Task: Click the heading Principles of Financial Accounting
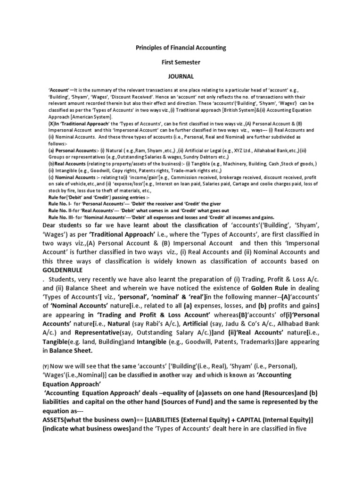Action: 181,48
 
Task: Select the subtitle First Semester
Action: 181,62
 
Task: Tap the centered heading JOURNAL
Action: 181,75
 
